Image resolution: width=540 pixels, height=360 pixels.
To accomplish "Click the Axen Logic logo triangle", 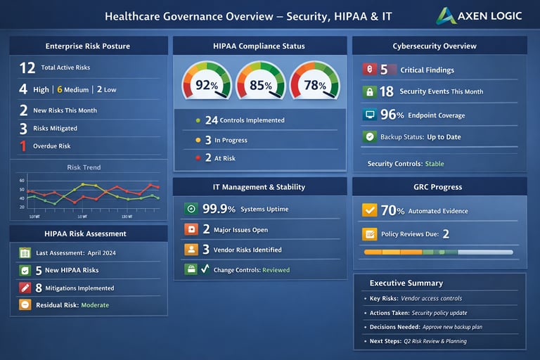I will (446, 15).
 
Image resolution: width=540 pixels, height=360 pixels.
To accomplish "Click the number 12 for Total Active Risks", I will (27, 68).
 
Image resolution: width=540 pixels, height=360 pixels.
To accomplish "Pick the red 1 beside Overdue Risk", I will (23, 146).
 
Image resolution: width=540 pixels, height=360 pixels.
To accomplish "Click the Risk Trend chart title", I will (84, 167).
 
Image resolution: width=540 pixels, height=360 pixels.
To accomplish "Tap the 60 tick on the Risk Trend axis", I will (22, 181).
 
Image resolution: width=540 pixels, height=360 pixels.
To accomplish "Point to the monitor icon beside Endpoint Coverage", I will (370, 115).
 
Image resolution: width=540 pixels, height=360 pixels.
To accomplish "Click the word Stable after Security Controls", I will (435, 164).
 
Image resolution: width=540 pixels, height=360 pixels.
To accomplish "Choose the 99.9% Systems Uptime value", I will (219, 209).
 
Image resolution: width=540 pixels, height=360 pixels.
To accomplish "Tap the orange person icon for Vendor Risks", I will (191, 249).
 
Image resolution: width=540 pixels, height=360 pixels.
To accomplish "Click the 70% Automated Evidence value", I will (392, 210).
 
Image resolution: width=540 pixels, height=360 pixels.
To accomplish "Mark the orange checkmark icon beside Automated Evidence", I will (369, 210).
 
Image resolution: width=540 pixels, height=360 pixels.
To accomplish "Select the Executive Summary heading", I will (406, 283).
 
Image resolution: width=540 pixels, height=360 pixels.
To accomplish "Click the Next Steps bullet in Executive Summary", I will (364, 341).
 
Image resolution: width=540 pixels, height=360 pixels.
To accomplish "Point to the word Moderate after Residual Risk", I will (95, 305).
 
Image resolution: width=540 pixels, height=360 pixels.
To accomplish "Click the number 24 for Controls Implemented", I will (211, 120).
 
